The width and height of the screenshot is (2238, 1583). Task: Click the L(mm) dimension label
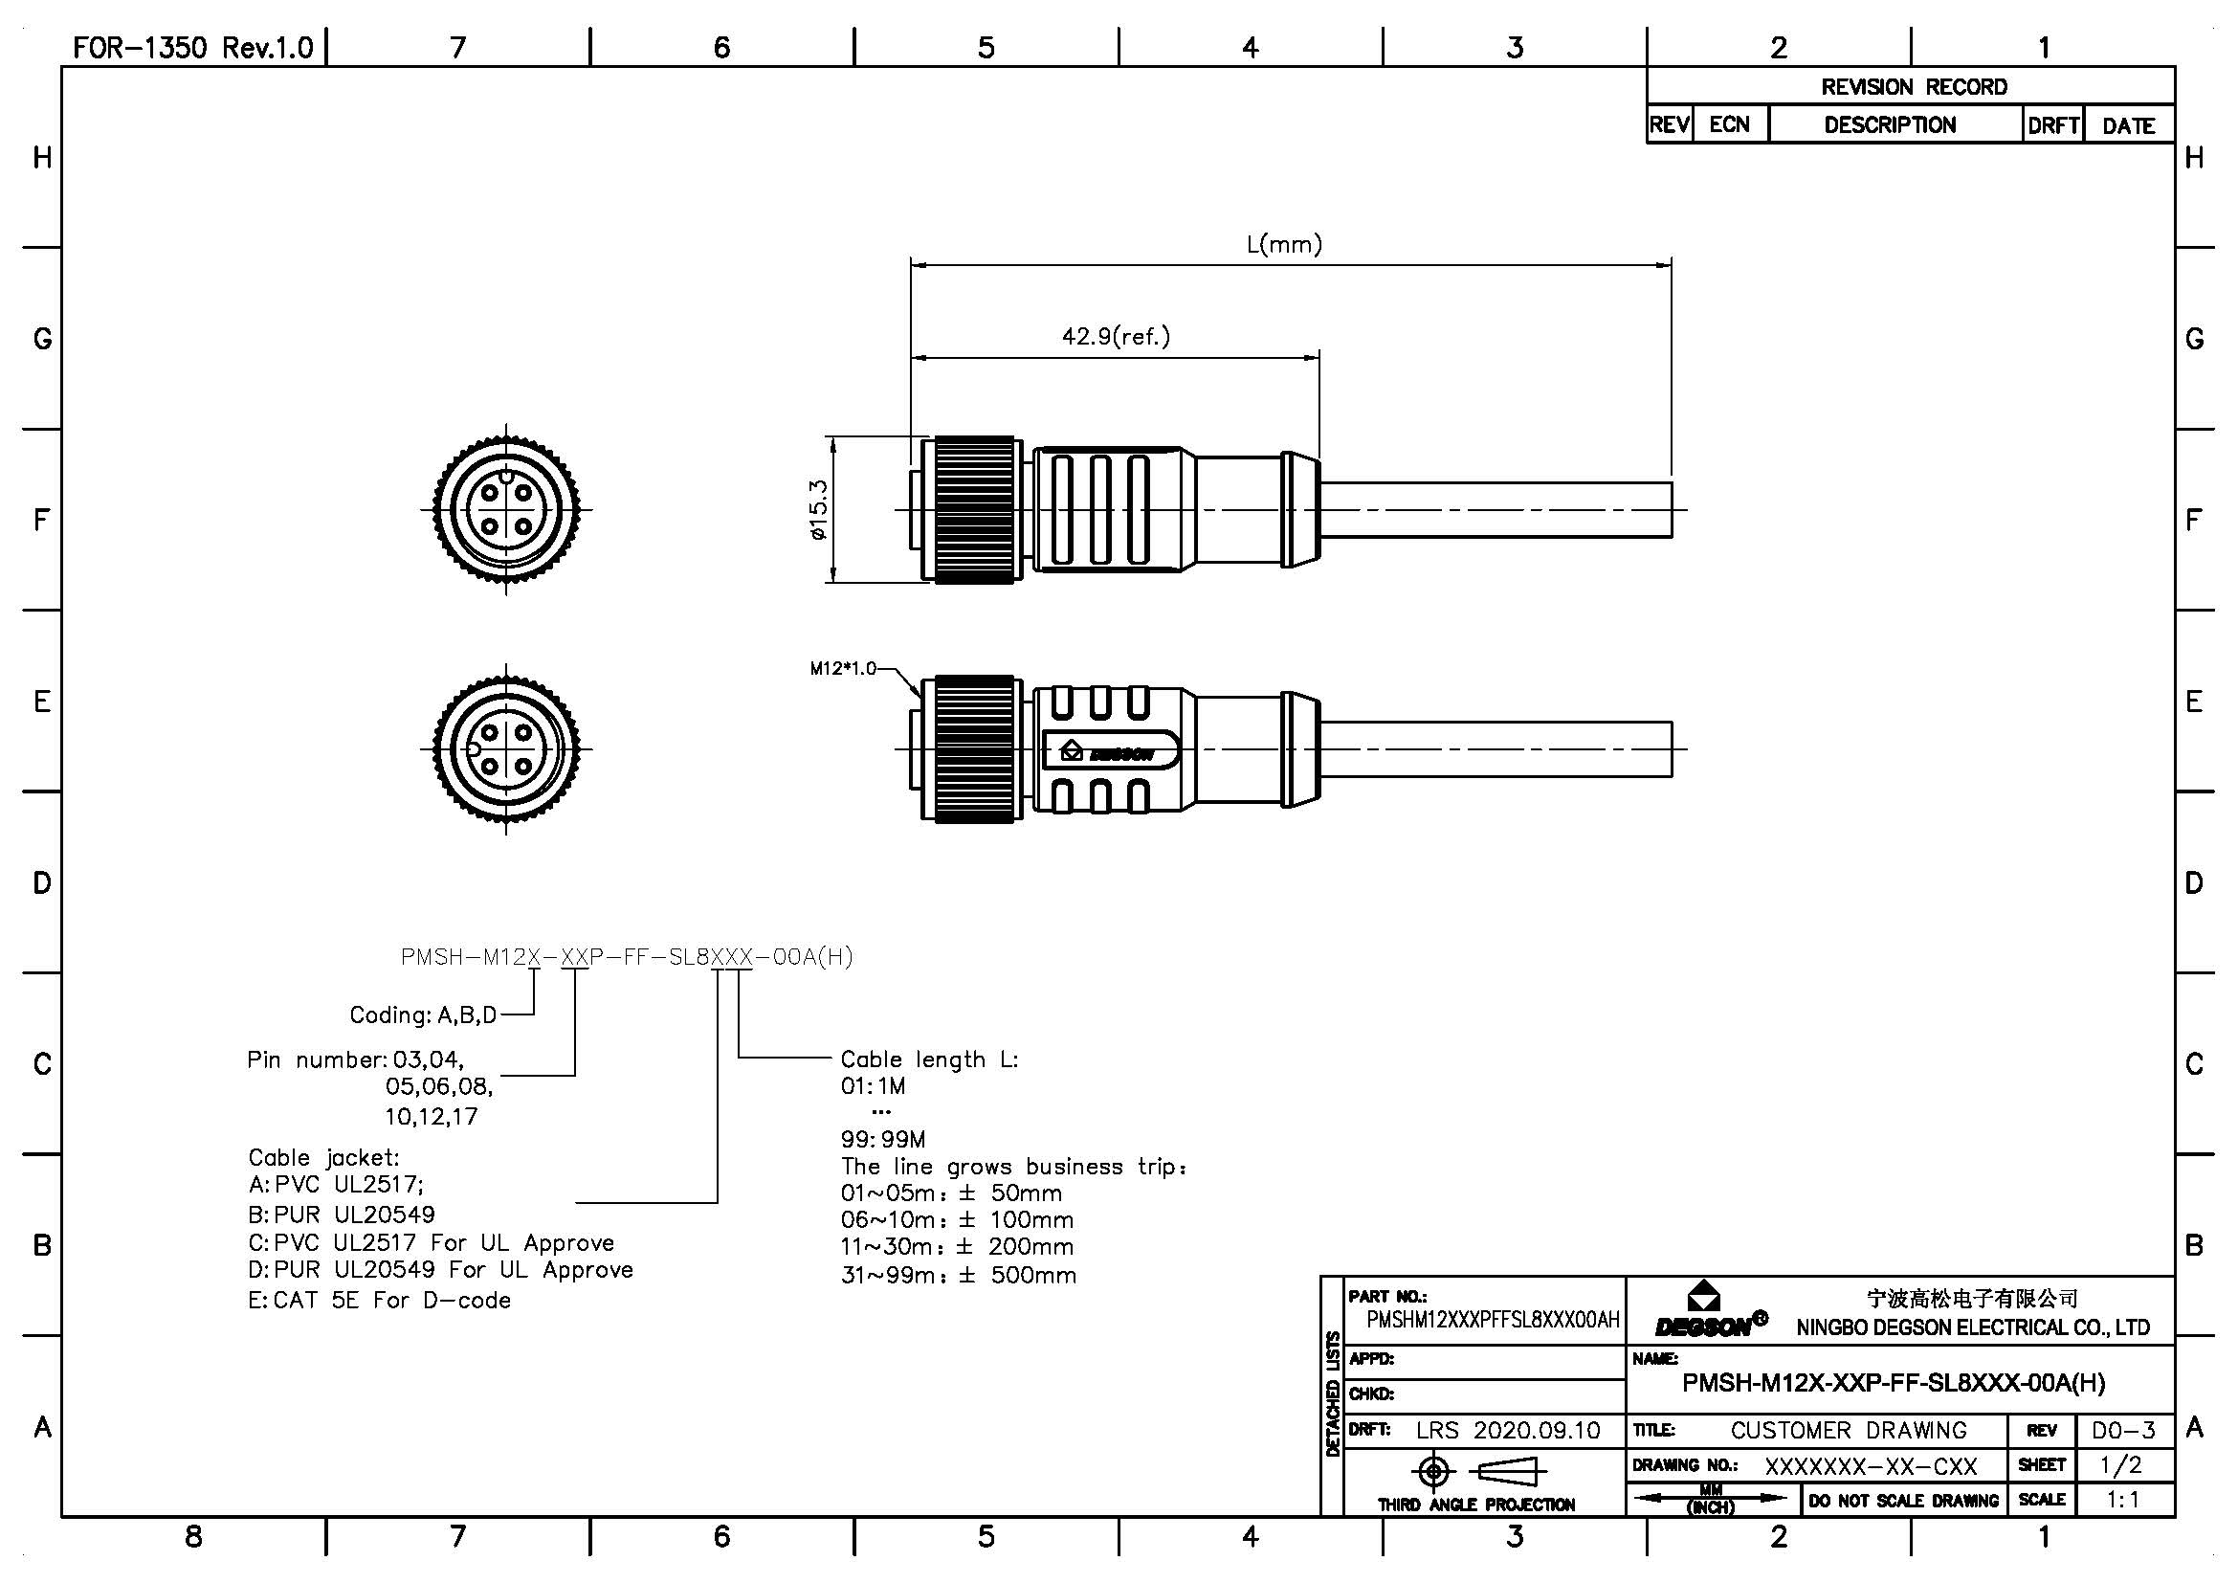[1284, 244]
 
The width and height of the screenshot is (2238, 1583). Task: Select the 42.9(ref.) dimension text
[1116, 336]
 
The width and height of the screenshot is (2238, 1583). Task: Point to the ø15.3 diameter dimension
[817, 509]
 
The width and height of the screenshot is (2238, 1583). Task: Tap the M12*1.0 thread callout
[842, 669]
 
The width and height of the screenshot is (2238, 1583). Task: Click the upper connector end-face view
[506, 509]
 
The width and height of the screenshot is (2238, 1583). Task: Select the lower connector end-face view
[506, 748]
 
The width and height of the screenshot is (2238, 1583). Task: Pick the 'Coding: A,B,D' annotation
[423, 1015]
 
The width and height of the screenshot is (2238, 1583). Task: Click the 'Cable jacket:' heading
[323, 1158]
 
